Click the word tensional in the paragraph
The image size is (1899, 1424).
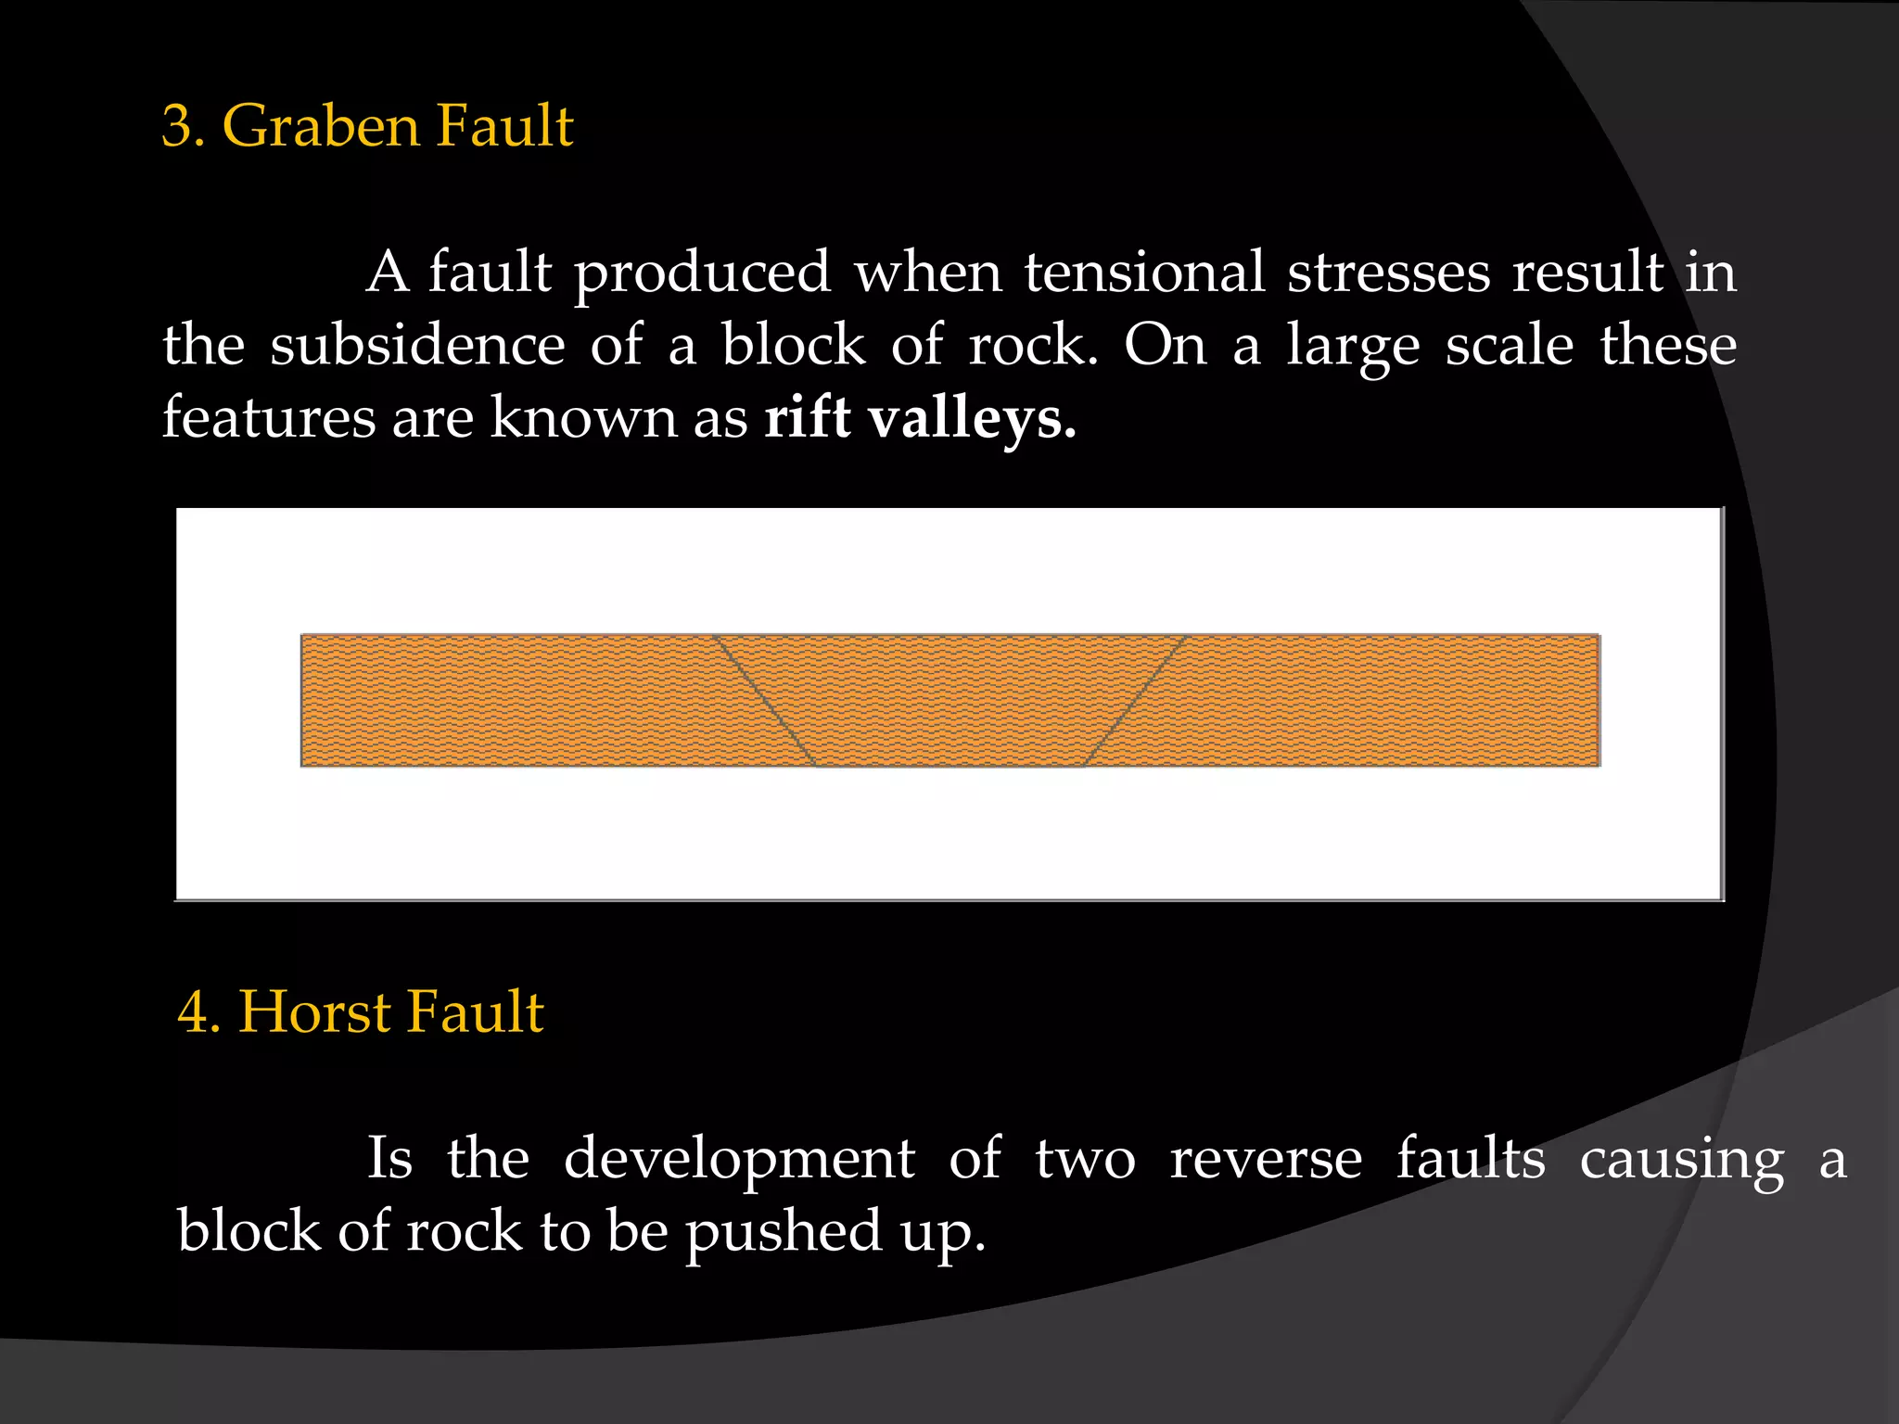(1144, 273)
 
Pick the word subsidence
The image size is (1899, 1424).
(417, 346)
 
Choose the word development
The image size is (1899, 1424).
(739, 1160)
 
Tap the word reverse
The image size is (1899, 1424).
(1266, 1159)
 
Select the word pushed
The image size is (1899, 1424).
(784, 1234)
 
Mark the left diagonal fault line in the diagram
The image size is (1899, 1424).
(764, 700)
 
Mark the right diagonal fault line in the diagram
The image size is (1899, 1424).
(1136, 700)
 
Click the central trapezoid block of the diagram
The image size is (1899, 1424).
(949, 700)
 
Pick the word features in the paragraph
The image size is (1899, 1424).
(269, 418)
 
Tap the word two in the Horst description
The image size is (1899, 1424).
(1085, 1160)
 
